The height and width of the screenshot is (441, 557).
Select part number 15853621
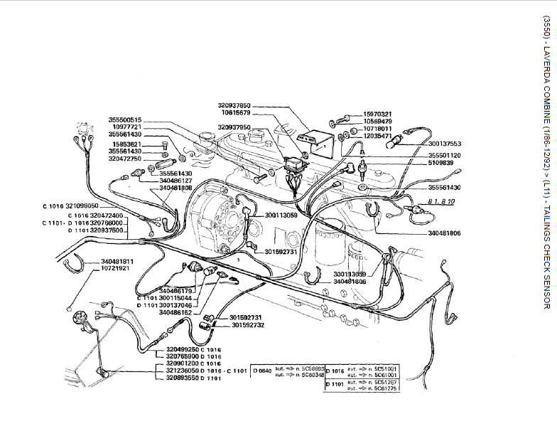(125, 144)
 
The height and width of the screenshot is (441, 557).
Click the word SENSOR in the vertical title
(546, 292)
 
